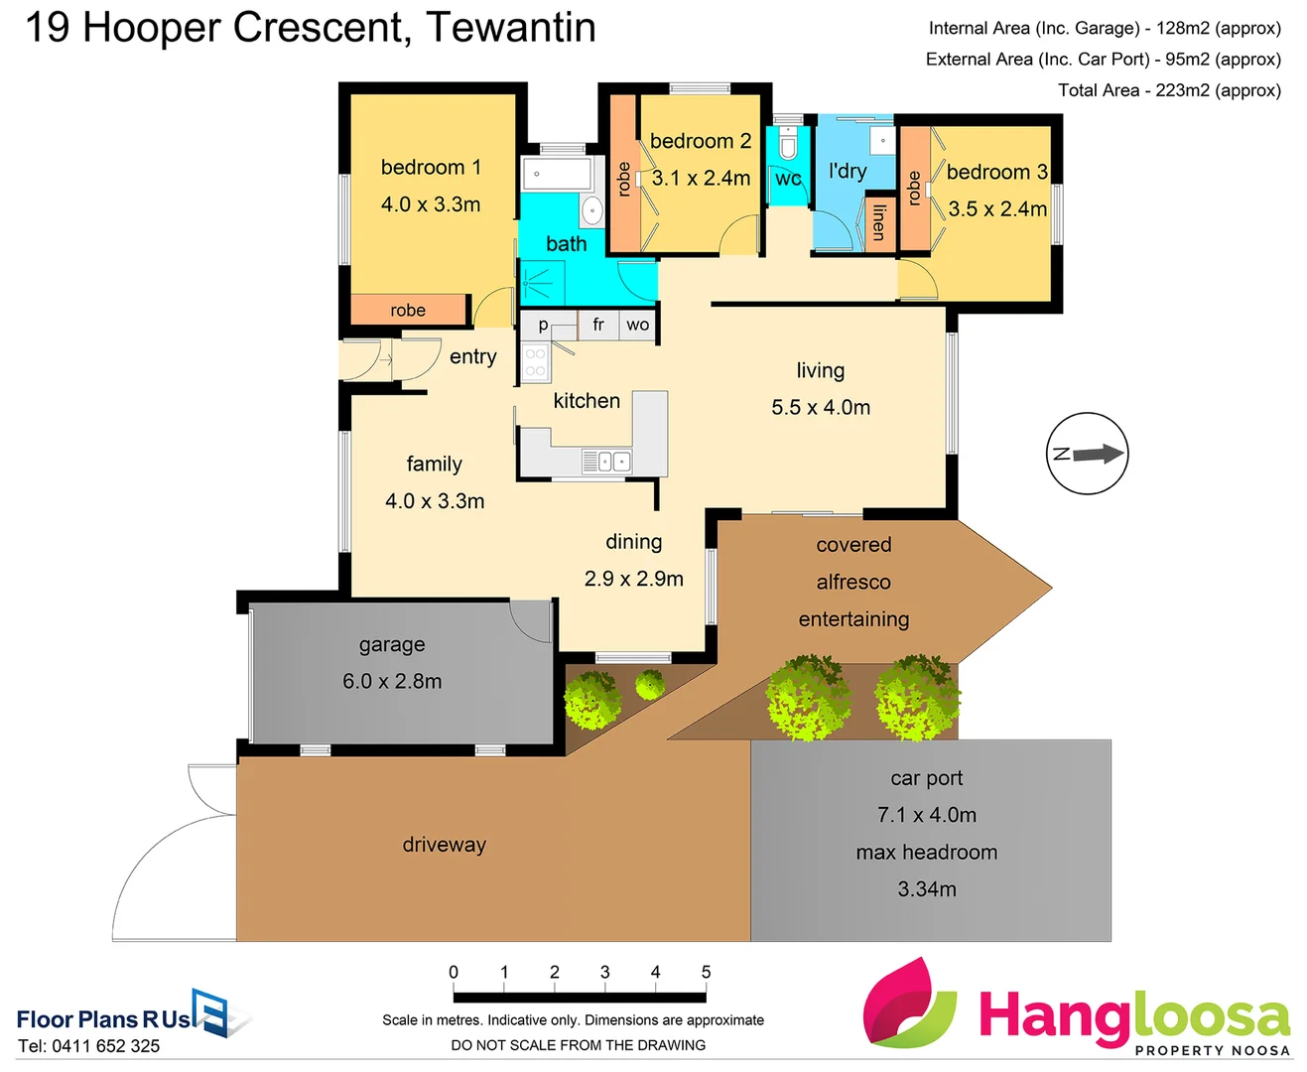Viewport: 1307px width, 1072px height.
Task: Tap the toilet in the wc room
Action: click(x=788, y=147)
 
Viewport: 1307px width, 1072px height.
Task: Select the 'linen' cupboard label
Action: click(x=878, y=222)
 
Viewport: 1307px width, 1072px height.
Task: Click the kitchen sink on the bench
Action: click(x=605, y=461)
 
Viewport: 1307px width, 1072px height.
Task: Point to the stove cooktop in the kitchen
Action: click(x=535, y=362)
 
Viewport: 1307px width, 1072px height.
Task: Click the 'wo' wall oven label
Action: click(x=637, y=325)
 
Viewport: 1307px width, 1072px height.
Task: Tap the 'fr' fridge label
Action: click(x=598, y=325)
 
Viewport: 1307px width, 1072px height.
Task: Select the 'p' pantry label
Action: click(x=543, y=325)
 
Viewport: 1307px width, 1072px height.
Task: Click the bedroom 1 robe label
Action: click(x=408, y=311)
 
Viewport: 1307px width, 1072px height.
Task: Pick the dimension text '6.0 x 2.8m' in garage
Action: click(x=392, y=681)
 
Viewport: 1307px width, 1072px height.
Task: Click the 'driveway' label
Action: click(x=444, y=845)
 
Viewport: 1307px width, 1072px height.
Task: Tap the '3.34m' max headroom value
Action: click(x=927, y=889)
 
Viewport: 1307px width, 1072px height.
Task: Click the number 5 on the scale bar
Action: click(x=706, y=973)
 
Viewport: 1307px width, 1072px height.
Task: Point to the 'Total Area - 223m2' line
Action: click(x=1168, y=90)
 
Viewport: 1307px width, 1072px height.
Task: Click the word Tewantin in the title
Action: click(x=511, y=28)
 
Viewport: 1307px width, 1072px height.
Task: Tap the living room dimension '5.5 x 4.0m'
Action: click(x=821, y=408)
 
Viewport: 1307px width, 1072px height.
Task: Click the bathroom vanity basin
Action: click(x=591, y=210)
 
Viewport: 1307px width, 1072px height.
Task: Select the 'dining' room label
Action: click(x=633, y=542)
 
